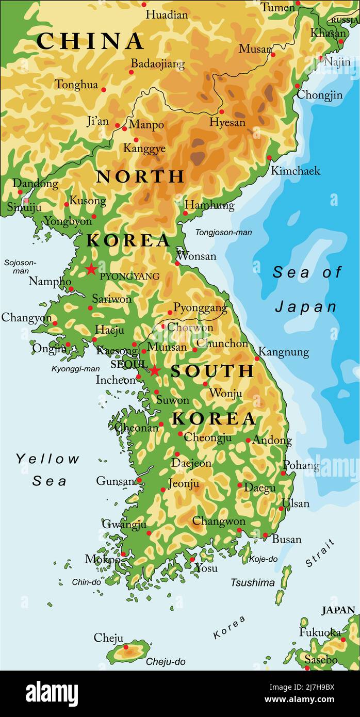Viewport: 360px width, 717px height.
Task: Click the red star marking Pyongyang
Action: [x=91, y=269]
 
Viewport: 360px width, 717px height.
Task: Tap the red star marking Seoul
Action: [x=155, y=370]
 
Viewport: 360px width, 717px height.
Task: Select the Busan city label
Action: [x=286, y=539]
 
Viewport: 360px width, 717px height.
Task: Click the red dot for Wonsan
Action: [x=177, y=263]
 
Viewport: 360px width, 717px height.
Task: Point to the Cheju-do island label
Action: [x=165, y=661]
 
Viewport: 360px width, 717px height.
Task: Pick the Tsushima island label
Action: [x=252, y=582]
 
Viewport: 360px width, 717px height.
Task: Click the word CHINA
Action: [x=90, y=41]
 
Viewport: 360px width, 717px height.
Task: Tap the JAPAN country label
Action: [x=338, y=610]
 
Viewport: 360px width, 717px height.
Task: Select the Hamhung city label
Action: [x=209, y=205]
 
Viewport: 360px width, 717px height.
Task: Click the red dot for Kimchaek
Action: [x=269, y=158]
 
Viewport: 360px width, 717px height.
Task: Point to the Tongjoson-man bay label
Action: [x=223, y=233]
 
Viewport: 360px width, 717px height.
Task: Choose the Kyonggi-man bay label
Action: [x=75, y=368]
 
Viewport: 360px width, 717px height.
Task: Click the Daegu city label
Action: [x=259, y=487]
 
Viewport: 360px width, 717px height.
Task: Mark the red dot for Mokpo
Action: [x=123, y=554]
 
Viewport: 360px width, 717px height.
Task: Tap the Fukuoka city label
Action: [x=320, y=632]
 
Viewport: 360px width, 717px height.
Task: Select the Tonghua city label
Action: [x=76, y=85]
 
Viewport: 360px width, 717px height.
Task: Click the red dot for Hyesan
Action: [x=222, y=111]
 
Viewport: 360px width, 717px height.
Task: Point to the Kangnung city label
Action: [x=283, y=352]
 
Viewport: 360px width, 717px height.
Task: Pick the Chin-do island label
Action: [x=86, y=582]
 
